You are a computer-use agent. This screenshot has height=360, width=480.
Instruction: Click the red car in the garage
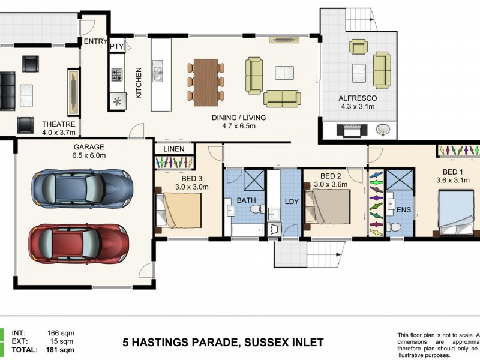coord(79,244)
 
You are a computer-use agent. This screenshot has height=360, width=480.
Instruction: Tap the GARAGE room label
coord(89,147)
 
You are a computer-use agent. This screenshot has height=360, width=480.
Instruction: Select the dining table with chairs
coord(205,80)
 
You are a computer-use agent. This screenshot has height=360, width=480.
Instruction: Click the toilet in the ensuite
coord(394,227)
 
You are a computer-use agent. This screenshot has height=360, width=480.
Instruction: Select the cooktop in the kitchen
coord(116,75)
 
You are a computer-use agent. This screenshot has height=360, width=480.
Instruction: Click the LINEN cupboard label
coord(174,149)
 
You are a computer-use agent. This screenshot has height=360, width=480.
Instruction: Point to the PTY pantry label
coord(116,46)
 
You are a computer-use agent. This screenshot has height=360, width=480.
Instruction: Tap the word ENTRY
coord(95,41)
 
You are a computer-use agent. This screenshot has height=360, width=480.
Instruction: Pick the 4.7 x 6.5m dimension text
coord(239,127)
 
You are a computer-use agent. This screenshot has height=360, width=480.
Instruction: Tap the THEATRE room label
coord(58,125)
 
